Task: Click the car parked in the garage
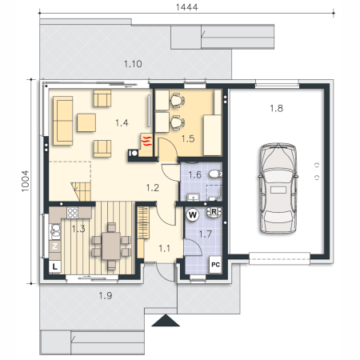[x=278, y=188]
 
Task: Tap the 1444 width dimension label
[x=187, y=7]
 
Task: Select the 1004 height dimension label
[x=25, y=181]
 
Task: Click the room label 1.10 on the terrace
[x=133, y=64]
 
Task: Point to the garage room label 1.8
[x=276, y=108]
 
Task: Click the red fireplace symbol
[x=146, y=141]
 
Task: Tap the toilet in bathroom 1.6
[x=215, y=174]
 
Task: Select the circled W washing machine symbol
[x=193, y=214]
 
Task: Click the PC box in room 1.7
[x=215, y=265]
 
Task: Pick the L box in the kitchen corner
[x=55, y=266]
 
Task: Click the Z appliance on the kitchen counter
[x=55, y=246]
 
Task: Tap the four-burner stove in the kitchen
[x=73, y=213]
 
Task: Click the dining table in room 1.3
[x=111, y=246]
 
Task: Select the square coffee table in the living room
[x=86, y=122]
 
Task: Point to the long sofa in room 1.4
[x=63, y=121]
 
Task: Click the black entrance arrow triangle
[x=166, y=320]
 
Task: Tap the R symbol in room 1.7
[x=214, y=212]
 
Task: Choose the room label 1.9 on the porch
[x=106, y=295]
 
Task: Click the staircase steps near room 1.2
[x=81, y=191]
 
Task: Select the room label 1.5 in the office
[x=188, y=138]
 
